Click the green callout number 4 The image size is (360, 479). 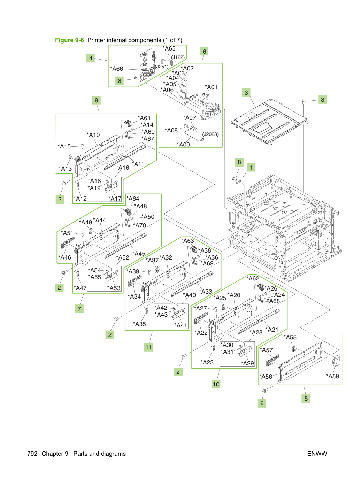90,58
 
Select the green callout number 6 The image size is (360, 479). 204,52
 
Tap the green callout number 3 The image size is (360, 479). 246,93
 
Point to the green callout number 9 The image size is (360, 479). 96,100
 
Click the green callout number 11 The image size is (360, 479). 148,347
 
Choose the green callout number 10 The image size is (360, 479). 216,384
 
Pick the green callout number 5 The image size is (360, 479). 306,399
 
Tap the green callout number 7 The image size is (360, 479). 79,309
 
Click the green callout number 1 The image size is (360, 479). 251,168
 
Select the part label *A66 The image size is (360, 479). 117,69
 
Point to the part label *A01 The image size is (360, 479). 211,87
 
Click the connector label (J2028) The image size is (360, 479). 210,134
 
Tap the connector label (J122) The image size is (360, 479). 178,57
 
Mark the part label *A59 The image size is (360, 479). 332,376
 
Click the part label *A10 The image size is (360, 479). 93,135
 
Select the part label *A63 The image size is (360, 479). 187,241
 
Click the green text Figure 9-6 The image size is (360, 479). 69,40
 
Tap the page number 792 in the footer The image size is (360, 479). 32,454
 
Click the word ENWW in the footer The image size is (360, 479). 317,454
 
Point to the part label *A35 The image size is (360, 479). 139,324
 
